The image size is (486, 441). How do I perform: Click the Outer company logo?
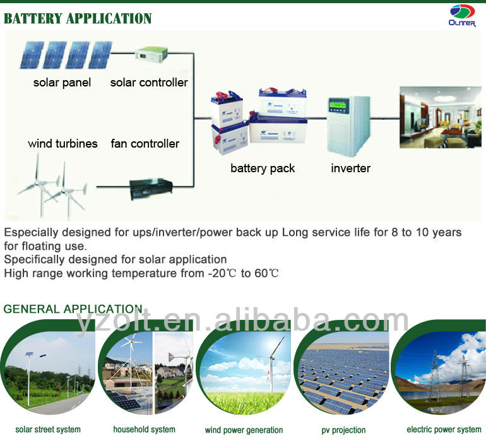click(462, 16)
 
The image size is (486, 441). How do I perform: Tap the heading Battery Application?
click(78, 18)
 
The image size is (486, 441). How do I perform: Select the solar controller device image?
click(151, 54)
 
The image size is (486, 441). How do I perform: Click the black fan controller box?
click(151, 189)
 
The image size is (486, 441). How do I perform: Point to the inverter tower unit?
click(348, 125)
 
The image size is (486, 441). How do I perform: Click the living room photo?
click(441, 117)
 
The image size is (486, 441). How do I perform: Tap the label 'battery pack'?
click(263, 168)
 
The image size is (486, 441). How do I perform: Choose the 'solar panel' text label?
click(62, 83)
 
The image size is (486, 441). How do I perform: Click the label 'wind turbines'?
click(62, 143)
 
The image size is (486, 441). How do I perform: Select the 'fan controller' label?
click(145, 143)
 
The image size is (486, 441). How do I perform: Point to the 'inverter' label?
click(350, 168)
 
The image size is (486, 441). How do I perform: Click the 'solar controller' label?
click(149, 83)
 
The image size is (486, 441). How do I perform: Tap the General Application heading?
click(73, 309)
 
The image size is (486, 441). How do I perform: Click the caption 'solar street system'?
click(48, 430)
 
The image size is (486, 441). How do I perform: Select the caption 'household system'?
click(144, 430)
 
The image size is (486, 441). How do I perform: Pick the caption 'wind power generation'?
click(244, 430)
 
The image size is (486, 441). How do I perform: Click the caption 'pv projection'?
click(343, 430)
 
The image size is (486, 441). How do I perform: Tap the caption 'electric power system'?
click(444, 430)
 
